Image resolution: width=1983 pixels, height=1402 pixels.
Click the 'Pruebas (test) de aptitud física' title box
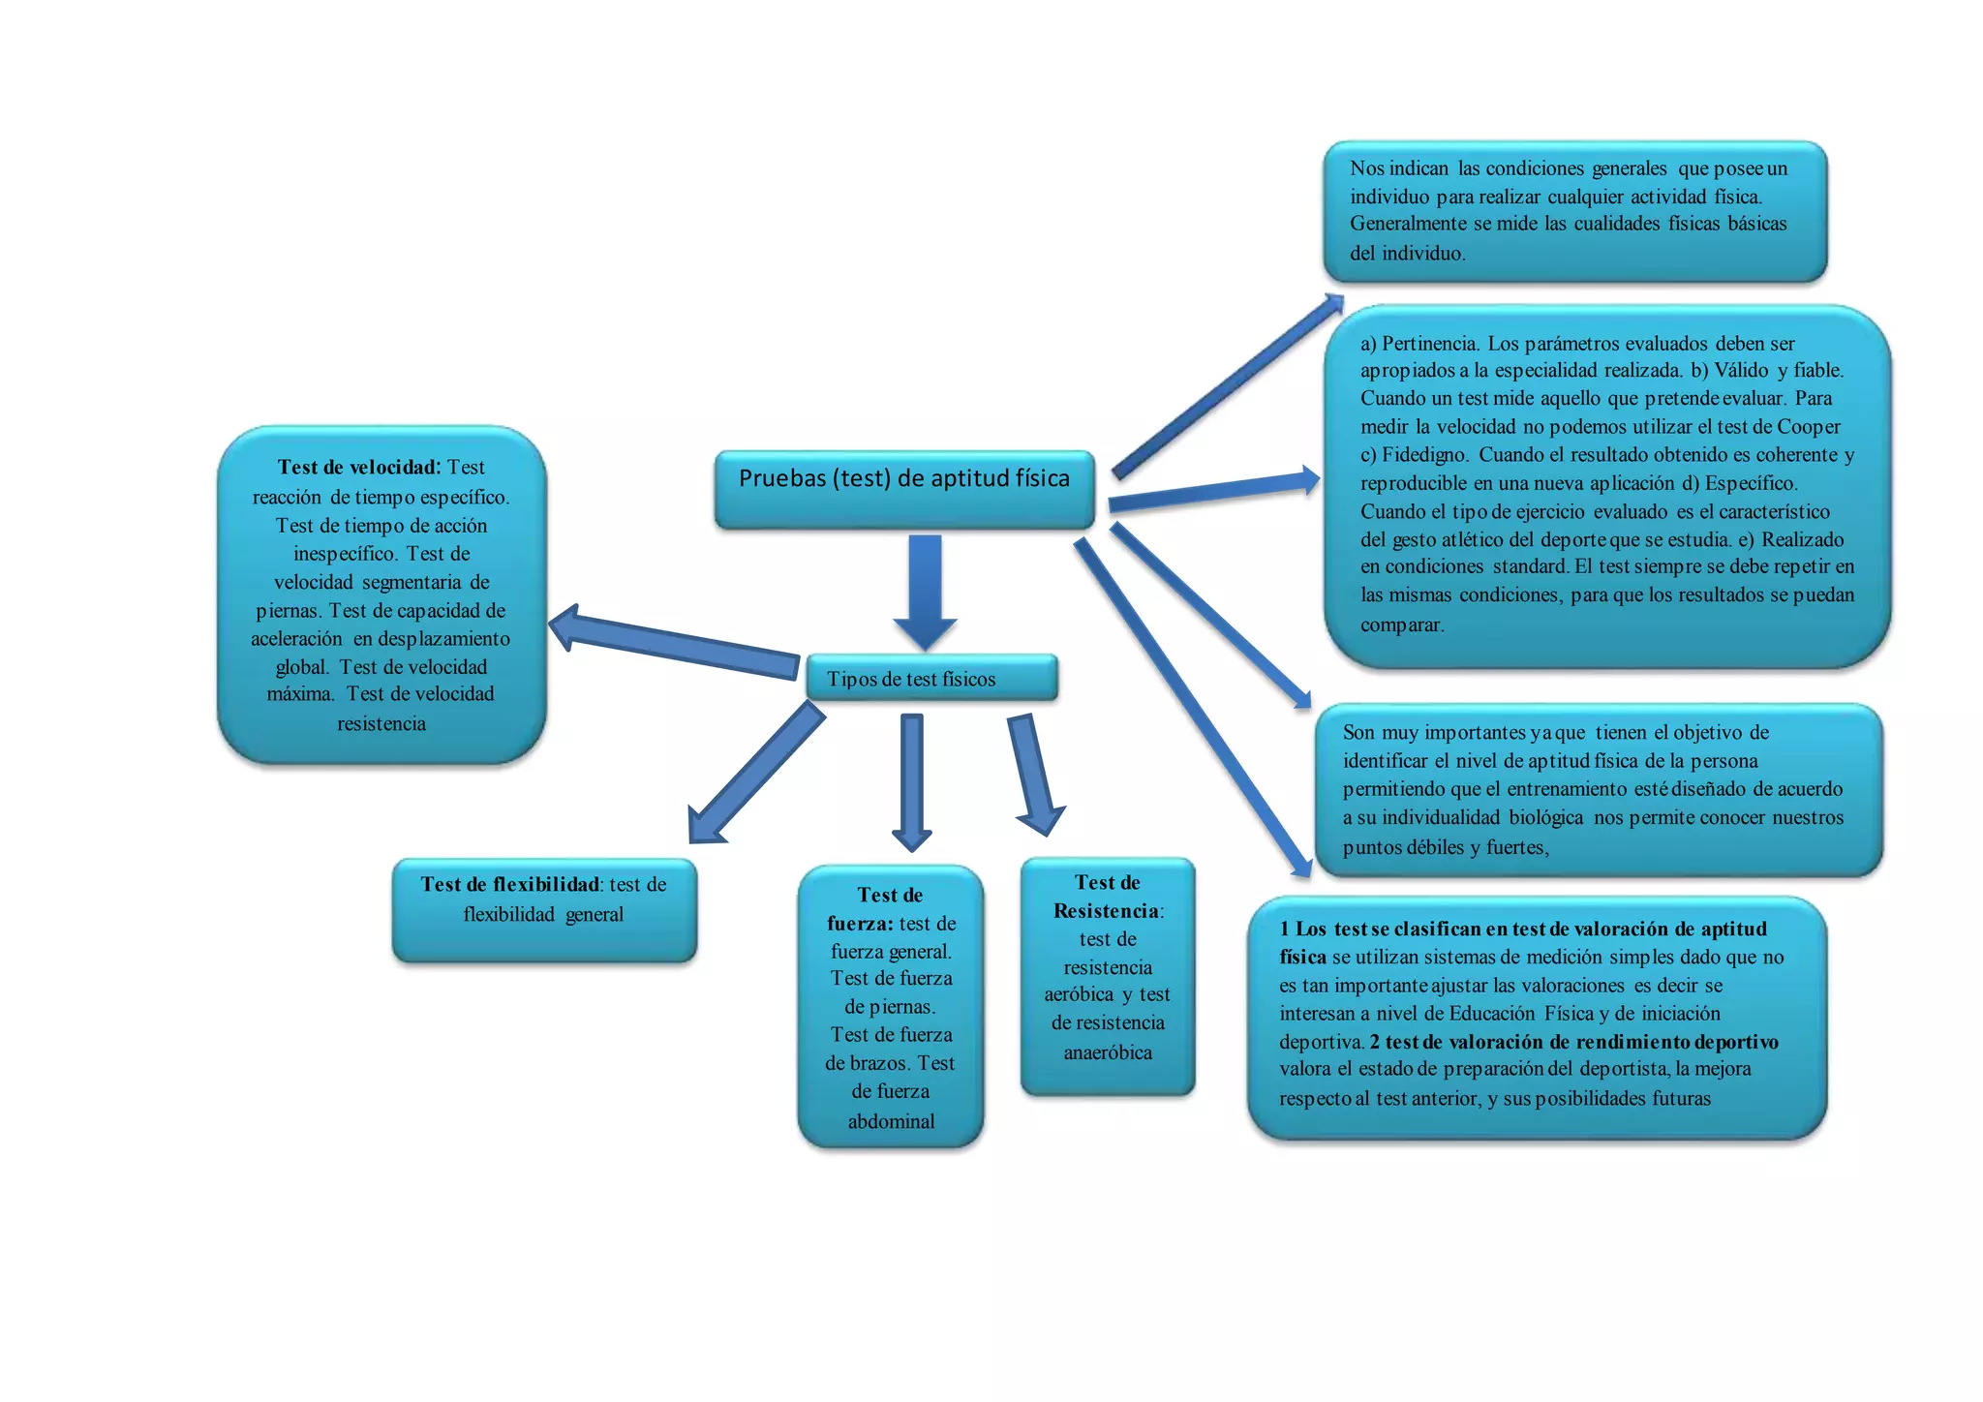click(x=904, y=488)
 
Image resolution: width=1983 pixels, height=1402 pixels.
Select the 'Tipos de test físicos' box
click(x=930, y=679)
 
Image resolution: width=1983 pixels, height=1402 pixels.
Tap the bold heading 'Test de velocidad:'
click(x=358, y=468)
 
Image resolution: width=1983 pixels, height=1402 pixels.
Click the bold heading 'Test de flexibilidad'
click(x=510, y=885)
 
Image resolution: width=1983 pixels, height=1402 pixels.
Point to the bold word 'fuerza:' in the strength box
click(x=860, y=924)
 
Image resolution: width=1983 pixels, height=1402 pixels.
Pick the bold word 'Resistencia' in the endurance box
click(x=1106, y=911)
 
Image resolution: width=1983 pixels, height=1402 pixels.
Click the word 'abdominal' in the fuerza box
click(x=891, y=1121)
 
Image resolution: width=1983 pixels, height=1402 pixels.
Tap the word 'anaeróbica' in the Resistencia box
click(x=1108, y=1052)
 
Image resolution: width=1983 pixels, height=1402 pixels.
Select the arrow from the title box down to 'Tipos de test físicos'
click(x=925, y=591)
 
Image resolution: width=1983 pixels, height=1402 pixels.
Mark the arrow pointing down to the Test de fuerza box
click(x=911, y=780)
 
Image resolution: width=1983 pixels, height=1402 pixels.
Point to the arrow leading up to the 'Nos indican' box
click(x=1226, y=387)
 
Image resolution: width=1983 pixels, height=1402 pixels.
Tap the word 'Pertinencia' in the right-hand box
click(x=1429, y=344)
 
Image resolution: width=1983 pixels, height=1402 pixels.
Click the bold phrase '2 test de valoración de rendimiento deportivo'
click(x=1573, y=1042)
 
